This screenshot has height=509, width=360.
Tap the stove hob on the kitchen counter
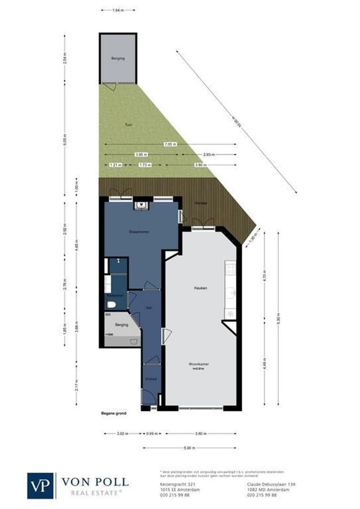231,269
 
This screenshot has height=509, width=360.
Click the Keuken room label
201,287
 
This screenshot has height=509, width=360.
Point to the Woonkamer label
198,364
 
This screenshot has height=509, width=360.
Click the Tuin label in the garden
128,125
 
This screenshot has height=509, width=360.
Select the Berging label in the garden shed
118,58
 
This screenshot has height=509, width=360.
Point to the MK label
108,314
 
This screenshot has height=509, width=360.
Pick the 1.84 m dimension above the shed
118,9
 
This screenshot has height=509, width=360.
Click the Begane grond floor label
114,413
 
